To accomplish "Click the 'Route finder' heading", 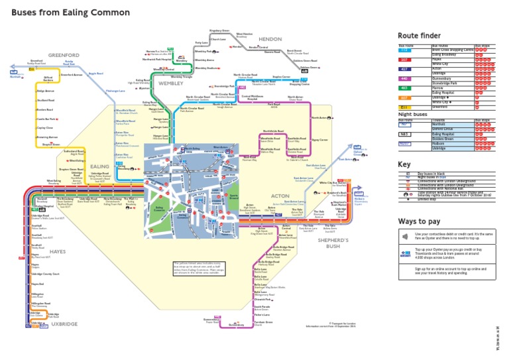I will point(418,36).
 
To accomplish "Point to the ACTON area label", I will point(281,196).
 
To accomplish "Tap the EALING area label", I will point(100,167).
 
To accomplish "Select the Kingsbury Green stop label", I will point(219,30).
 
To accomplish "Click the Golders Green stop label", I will point(310,67).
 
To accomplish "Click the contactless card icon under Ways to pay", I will point(405,236).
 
